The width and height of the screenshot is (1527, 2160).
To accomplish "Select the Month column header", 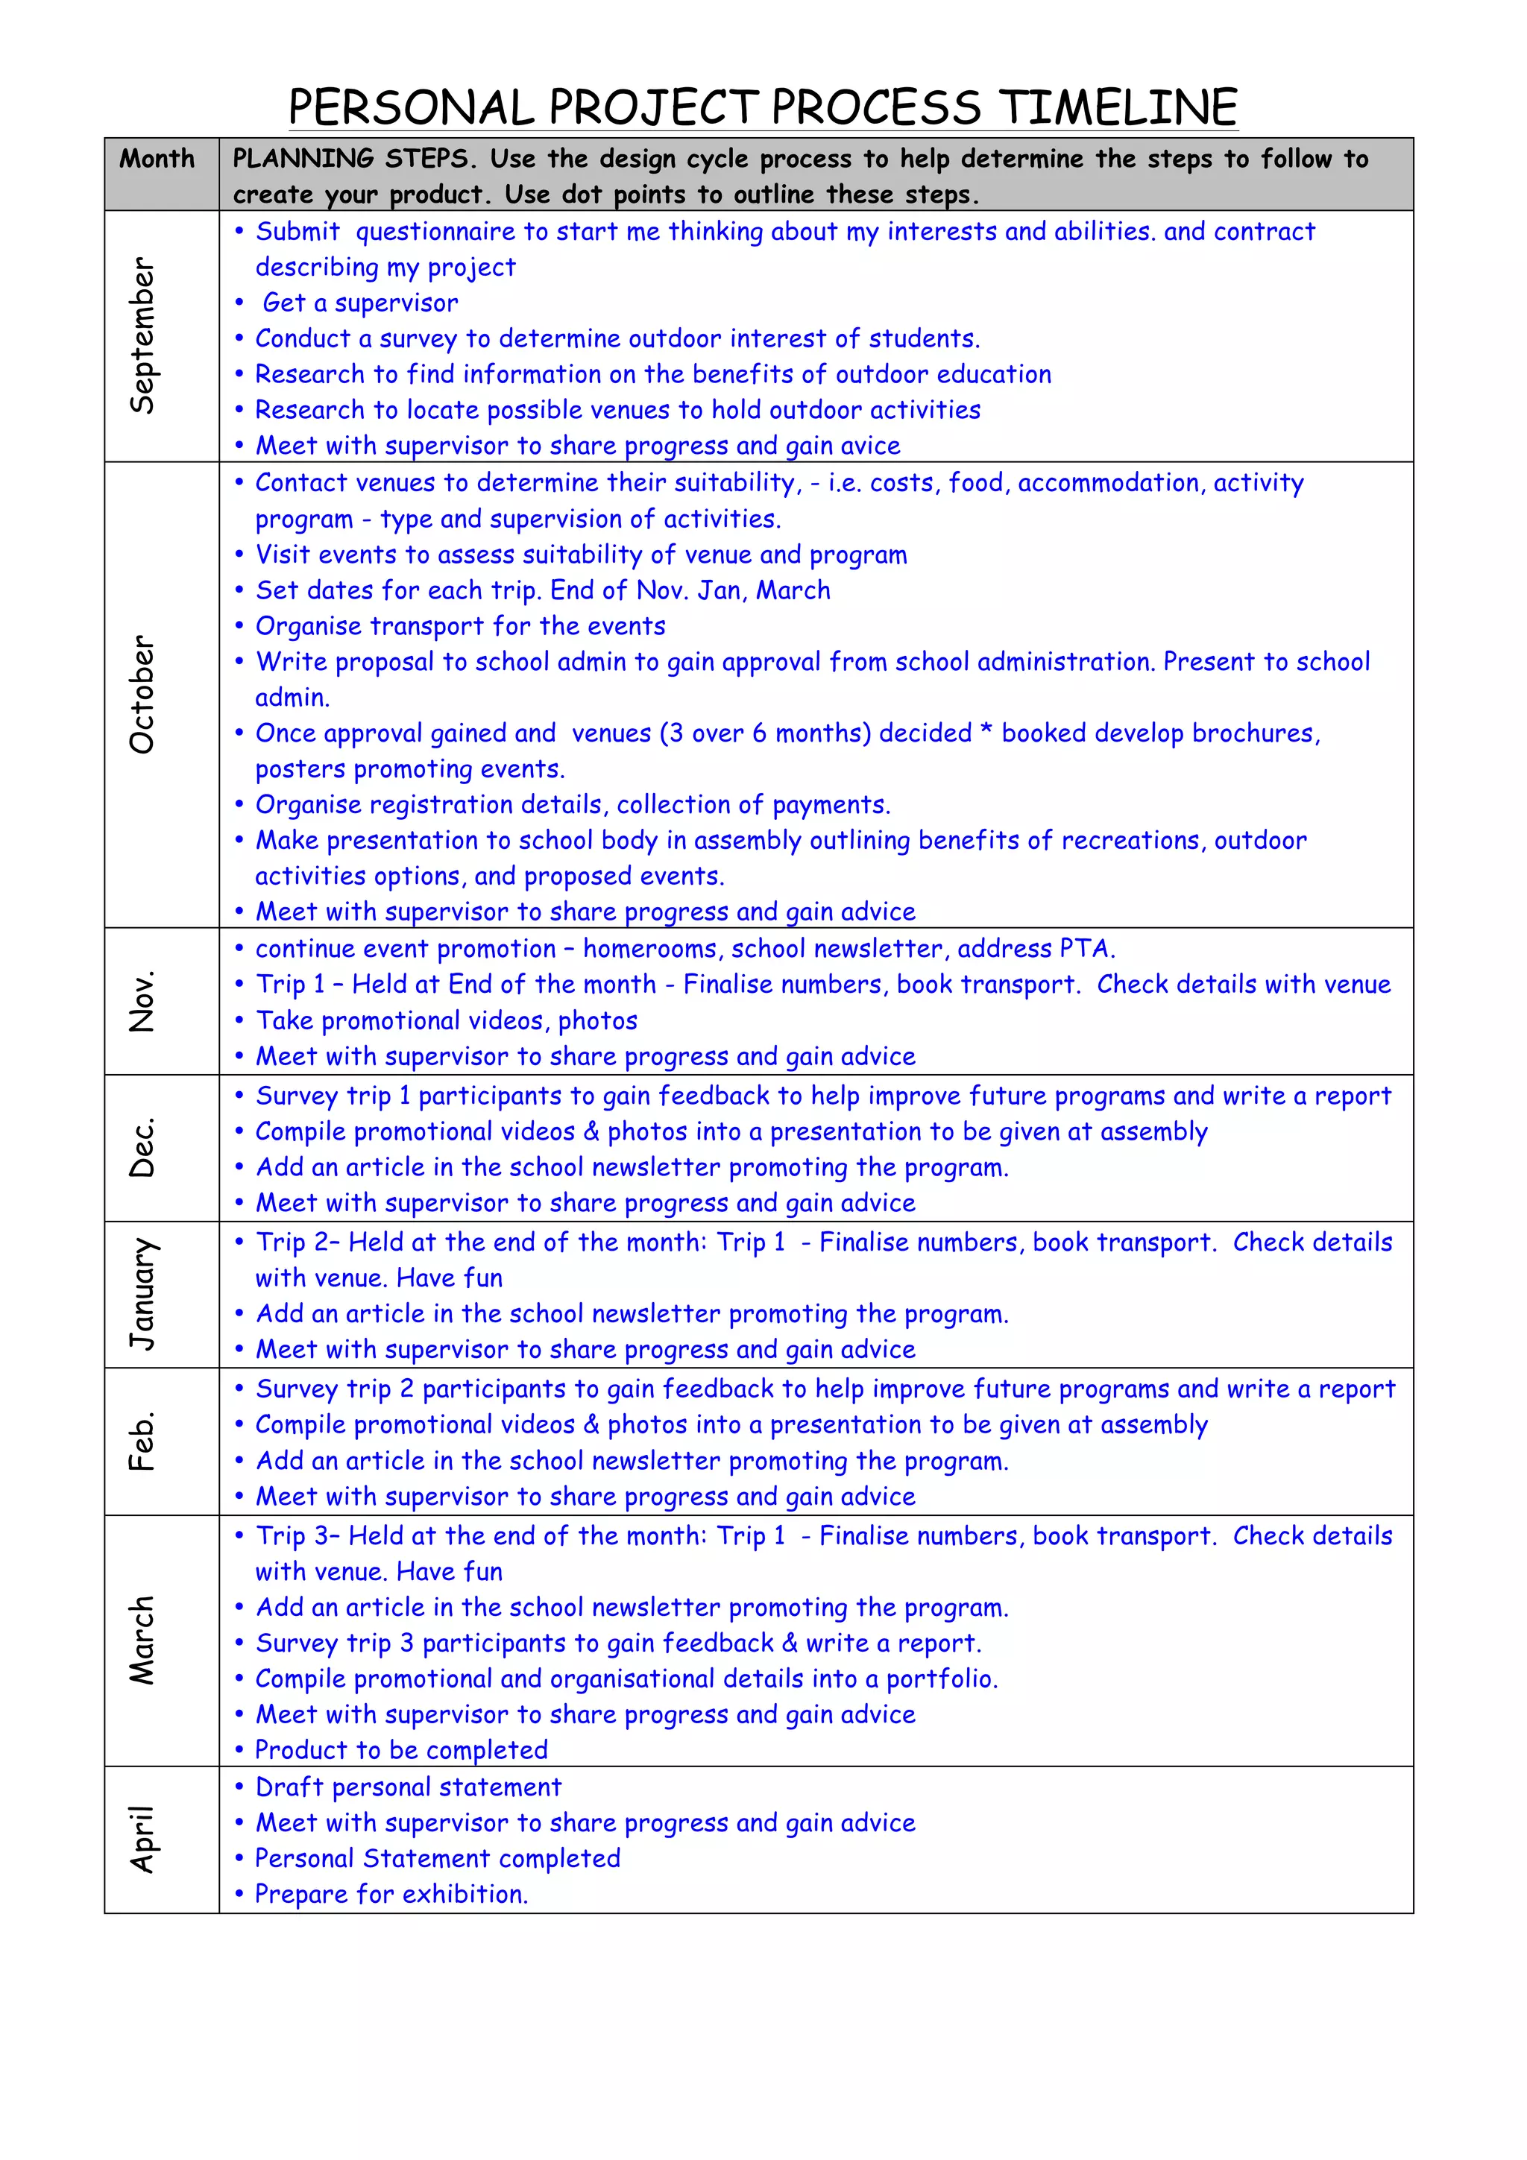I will click(x=157, y=158).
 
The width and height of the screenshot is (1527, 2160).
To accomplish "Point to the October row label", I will click(x=142, y=695).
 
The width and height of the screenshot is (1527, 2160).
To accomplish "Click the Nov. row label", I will click(x=142, y=1001).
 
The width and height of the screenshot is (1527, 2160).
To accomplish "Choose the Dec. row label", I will click(x=142, y=1148).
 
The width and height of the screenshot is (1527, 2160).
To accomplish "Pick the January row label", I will click(x=142, y=1295).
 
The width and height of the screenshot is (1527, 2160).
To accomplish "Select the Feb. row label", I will click(x=142, y=1441).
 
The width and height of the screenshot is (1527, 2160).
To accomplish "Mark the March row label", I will click(x=142, y=1640).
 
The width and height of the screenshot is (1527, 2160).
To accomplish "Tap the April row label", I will click(x=142, y=1840).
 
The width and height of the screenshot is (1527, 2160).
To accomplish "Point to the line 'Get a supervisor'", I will click(x=360, y=303).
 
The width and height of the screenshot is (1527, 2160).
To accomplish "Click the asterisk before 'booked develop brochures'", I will click(x=986, y=733).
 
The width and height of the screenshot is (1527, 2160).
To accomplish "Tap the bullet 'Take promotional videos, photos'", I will click(x=447, y=1020).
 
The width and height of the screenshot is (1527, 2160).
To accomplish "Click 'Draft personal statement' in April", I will click(x=409, y=1787).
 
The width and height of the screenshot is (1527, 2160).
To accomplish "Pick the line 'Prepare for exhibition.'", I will click(x=391, y=1895).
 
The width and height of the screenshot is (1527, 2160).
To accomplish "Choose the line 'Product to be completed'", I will click(x=402, y=1751).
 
